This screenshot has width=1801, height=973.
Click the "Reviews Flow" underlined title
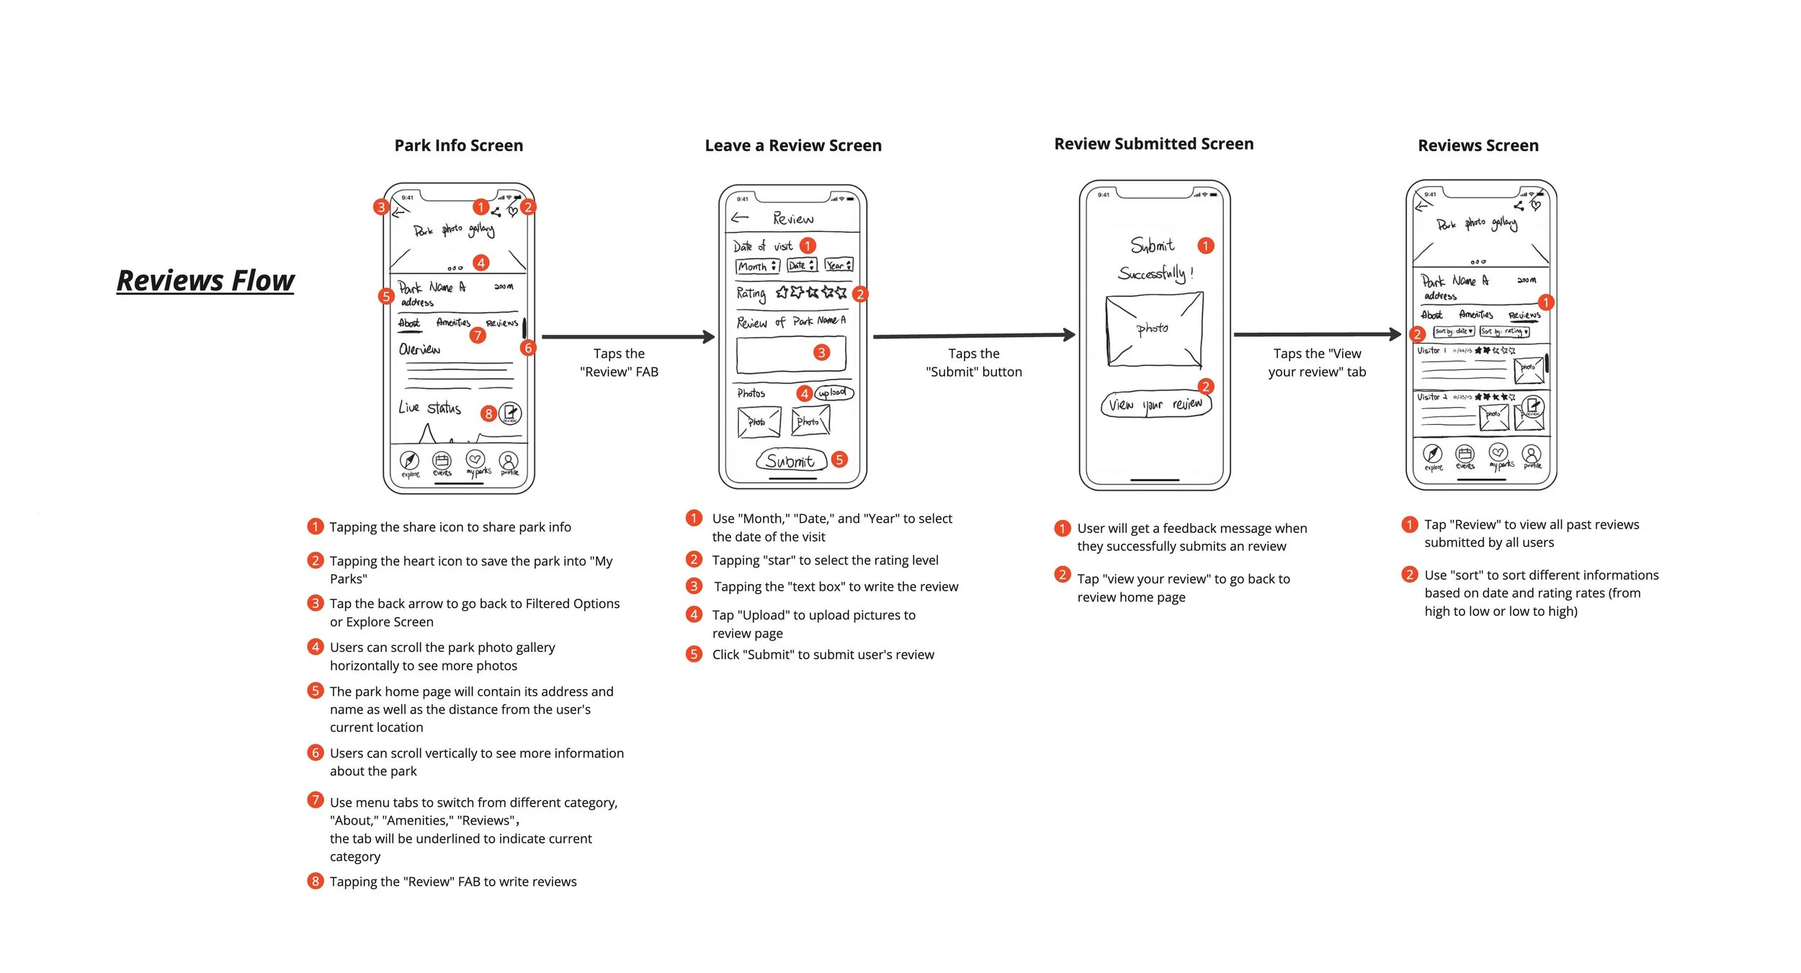click(x=205, y=281)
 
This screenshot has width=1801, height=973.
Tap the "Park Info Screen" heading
click(x=458, y=145)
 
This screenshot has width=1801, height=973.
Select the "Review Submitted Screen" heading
click(x=1153, y=144)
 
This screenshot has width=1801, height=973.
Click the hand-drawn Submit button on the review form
click(x=790, y=461)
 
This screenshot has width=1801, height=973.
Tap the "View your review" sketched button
click(x=1156, y=405)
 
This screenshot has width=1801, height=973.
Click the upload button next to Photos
click(x=834, y=393)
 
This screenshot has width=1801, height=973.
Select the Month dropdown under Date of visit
click(x=757, y=266)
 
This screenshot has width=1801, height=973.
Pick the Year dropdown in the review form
click(x=839, y=265)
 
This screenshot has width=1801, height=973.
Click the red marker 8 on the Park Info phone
click(x=488, y=413)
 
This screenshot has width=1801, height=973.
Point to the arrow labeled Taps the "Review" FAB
click(x=627, y=336)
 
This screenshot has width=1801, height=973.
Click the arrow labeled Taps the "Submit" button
click(x=973, y=335)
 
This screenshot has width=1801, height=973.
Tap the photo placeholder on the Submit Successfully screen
click(x=1154, y=329)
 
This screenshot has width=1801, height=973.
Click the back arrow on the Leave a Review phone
click(x=740, y=218)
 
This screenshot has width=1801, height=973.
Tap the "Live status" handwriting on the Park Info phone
click(x=429, y=408)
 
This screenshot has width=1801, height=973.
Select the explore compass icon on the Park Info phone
click(x=409, y=460)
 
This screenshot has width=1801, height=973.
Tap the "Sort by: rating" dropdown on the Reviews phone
click(x=1504, y=331)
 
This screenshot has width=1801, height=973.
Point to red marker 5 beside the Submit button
click(x=839, y=459)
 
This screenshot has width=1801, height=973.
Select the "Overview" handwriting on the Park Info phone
click(x=419, y=349)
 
